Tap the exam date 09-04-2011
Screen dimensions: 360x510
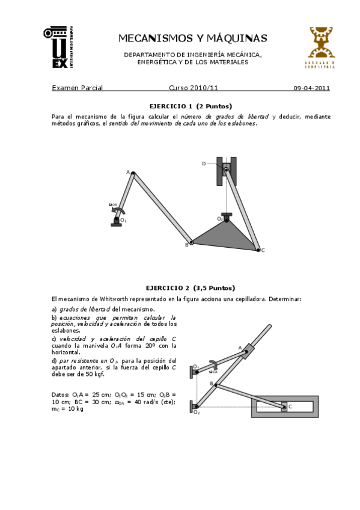(311, 88)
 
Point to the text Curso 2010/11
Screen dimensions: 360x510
(194, 88)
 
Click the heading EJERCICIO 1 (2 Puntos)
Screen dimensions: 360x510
(191, 106)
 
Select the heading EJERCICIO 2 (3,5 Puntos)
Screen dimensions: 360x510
(191, 287)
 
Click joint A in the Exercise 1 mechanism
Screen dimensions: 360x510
(133, 173)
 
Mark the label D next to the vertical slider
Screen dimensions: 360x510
(204, 164)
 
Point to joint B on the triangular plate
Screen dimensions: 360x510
(192, 242)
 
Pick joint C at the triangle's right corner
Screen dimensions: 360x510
(258, 249)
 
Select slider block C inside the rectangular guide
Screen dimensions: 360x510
(284, 407)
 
